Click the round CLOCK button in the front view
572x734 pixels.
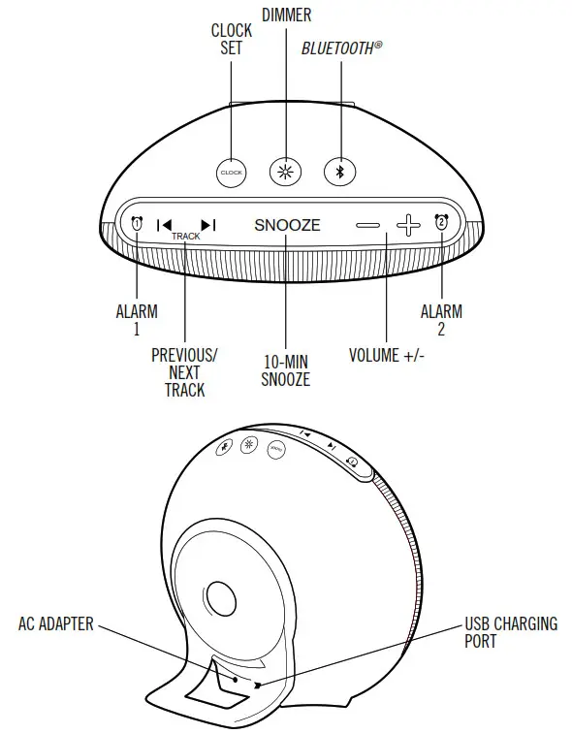tap(231, 173)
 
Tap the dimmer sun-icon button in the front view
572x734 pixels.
tap(286, 171)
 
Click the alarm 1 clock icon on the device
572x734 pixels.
tap(137, 224)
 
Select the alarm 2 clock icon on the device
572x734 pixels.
tap(442, 223)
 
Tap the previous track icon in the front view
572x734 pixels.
tap(165, 225)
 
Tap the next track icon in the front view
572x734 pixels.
tap(207, 225)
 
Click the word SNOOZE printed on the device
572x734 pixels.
tap(287, 225)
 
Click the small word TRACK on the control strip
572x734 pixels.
tap(186, 237)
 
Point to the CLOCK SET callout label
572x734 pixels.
tap(232, 39)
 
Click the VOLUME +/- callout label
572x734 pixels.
tap(387, 355)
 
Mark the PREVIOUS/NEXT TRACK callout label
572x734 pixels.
tap(184, 372)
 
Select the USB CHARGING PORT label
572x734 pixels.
tap(511, 631)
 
